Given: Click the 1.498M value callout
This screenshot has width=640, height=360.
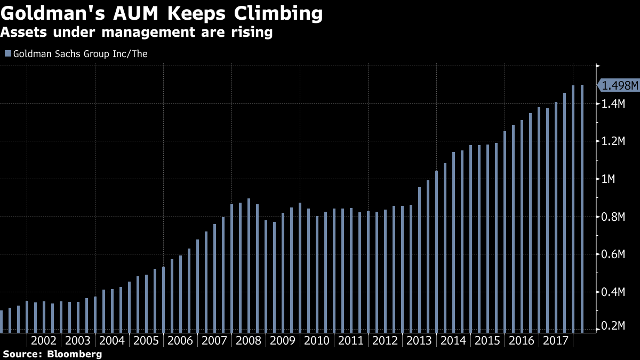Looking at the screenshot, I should [x=619, y=85].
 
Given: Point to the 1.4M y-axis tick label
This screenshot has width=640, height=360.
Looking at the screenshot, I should [x=613, y=104].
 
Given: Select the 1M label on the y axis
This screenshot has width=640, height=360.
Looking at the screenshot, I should [x=609, y=179].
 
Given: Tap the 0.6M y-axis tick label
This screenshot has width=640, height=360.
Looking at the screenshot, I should [x=613, y=254].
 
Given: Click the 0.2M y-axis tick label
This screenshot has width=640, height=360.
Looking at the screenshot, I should [x=613, y=326].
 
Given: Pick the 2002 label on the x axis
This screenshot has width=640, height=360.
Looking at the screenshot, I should [x=44, y=341].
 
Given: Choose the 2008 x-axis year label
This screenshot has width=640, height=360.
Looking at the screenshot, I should [x=249, y=341].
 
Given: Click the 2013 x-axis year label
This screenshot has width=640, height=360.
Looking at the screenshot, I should [x=419, y=341].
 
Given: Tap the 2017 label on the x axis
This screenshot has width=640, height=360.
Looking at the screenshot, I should [x=556, y=341].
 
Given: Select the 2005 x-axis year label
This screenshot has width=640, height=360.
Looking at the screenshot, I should [x=146, y=341].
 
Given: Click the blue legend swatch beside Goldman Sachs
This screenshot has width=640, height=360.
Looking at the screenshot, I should [x=7, y=54].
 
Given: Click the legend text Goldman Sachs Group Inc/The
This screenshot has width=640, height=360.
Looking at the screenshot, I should [x=80, y=54].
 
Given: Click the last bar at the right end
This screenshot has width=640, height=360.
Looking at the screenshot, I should [x=582, y=208].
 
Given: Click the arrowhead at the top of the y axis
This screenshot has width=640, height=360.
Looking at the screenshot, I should [x=598, y=66].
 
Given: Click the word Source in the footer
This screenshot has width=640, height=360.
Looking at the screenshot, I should [x=21, y=354].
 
